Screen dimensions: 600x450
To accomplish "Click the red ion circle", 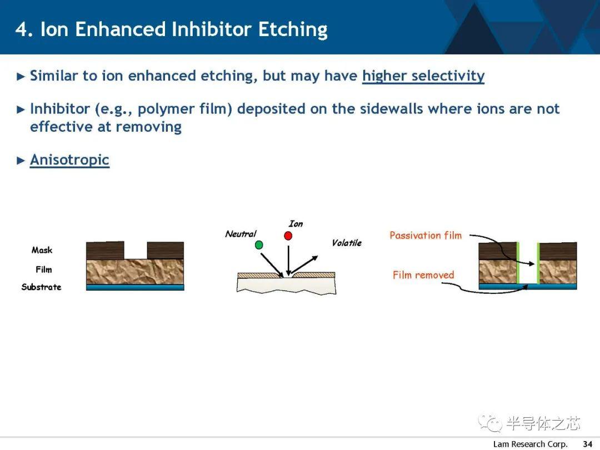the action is coord(288,236).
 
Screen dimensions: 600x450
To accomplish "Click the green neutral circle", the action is coord(259,245).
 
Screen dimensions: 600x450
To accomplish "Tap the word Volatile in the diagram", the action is coord(347,243).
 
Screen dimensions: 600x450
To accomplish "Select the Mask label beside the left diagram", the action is coord(42,250).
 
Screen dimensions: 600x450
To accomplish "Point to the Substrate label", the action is coord(41,287).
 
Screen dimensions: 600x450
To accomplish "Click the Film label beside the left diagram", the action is coord(44,269).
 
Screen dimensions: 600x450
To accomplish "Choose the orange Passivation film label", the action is coord(426,236).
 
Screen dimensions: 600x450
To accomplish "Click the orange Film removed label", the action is coord(423,275).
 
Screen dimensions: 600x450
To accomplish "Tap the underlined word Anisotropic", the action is coord(69,160).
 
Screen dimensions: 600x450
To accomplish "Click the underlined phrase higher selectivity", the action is coord(423,76).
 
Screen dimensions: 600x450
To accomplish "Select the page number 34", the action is coord(587,444).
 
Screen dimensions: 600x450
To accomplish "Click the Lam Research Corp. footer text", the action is coord(530,444).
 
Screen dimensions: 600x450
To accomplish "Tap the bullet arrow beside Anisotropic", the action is coord(21,161).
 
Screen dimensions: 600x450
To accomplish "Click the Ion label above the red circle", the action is coord(296,224).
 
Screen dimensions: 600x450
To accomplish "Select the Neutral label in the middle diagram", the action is coord(241,234).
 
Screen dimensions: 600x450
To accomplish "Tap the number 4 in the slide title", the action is coord(22,29).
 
